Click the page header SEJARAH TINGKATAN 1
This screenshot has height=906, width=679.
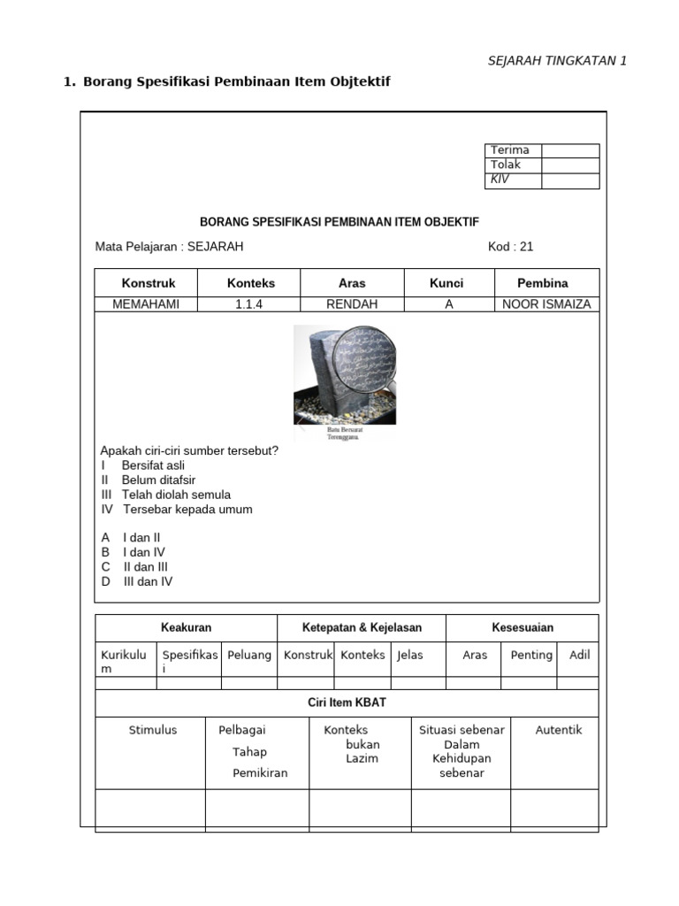point(557,60)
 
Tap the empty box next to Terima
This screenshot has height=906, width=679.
point(570,150)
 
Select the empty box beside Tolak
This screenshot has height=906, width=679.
point(570,165)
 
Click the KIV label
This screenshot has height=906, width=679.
point(500,180)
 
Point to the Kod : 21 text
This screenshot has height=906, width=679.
point(510,247)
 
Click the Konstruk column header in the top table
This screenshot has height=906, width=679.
point(148,283)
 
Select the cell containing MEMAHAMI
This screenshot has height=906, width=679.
point(146,304)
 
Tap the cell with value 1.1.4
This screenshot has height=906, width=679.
point(250,304)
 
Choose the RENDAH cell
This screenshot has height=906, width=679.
point(352,304)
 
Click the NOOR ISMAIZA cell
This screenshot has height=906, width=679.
point(545,304)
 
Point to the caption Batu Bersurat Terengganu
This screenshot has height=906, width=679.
point(344,433)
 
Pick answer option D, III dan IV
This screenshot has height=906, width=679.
point(137,581)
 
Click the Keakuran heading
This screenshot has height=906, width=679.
point(186,627)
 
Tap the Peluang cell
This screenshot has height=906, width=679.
point(249,656)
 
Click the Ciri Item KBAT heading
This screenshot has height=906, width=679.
point(347,703)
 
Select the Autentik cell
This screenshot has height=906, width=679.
point(559,730)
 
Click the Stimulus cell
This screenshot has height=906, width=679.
point(153,730)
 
